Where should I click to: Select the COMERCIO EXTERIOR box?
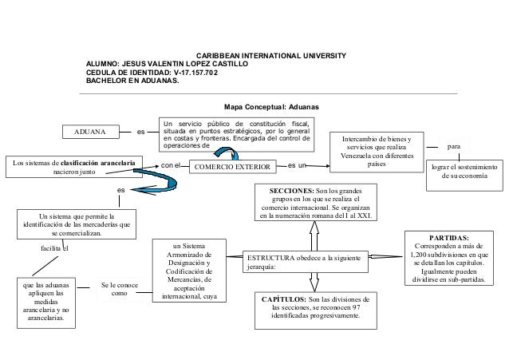(x=231, y=166)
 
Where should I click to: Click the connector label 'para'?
(x=454, y=148)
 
